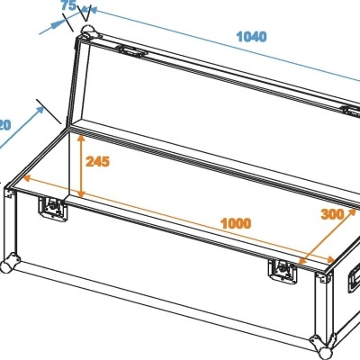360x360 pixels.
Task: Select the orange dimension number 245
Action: pyautogui.click(x=97, y=162)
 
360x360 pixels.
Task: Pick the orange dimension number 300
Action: pyautogui.click(x=333, y=214)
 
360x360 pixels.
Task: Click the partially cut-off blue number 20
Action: pyautogui.click(x=4, y=123)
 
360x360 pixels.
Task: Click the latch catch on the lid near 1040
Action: pyautogui.click(x=134, y=51)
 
